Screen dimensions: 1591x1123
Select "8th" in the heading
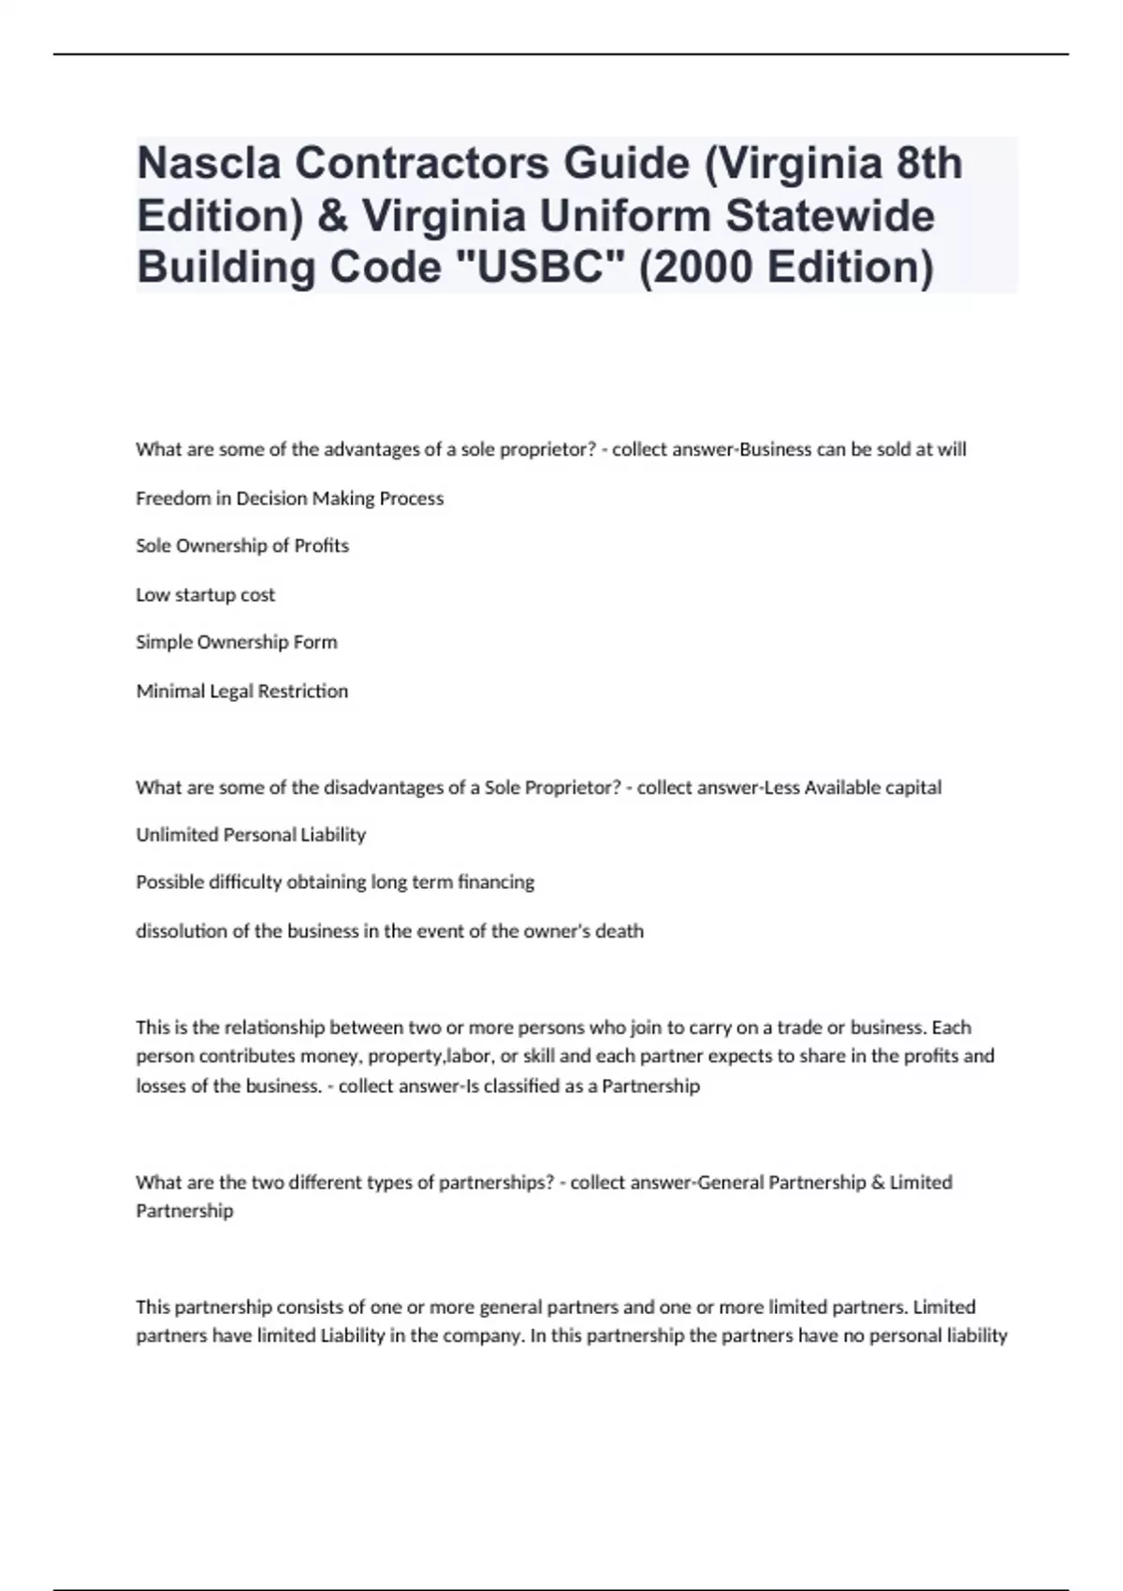point(928,164)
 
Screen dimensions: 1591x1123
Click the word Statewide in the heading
point(830,216)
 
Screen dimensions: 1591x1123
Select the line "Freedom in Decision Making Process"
point(289,498)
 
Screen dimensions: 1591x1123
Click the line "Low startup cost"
point(205,594)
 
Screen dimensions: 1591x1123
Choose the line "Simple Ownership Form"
point(236,642)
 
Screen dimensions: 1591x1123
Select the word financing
point(496,882)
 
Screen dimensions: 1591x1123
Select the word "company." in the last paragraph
point(487,1336)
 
